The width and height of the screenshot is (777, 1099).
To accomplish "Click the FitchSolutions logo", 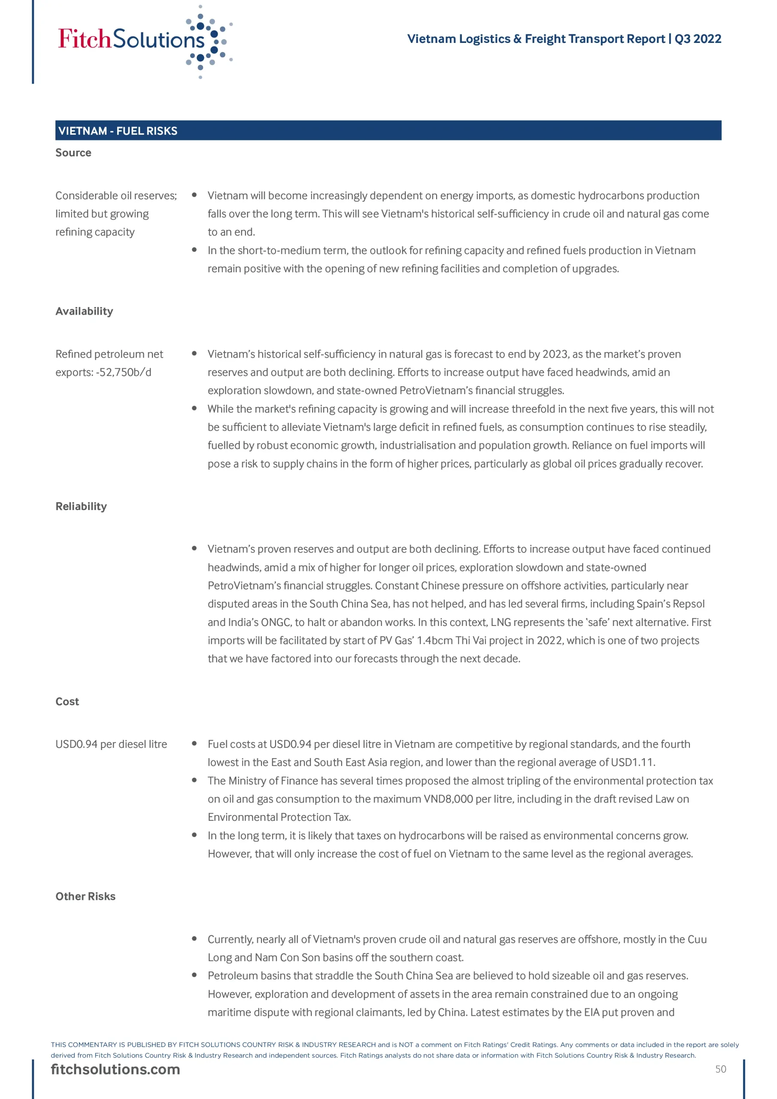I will coord(145,41).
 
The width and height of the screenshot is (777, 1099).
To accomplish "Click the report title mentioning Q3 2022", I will coord(564,39).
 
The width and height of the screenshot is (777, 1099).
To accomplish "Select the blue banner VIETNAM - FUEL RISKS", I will coord(388,131).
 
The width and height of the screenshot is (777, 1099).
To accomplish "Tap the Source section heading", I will coord(73,153).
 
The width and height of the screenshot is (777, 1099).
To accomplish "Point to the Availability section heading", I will coord(84,311).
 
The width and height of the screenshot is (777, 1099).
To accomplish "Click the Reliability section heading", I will coord(81,507).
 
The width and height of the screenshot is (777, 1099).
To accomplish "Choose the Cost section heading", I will coord(67,702).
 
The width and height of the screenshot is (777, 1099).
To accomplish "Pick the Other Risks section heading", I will coord(85,896).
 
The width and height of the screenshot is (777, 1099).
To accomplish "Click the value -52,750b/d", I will coord(124,372).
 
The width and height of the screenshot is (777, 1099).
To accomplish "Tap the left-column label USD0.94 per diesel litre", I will coord(111,744).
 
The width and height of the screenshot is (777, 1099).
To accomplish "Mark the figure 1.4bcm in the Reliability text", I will coord(435,641).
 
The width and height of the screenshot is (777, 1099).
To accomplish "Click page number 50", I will coord(720,1069).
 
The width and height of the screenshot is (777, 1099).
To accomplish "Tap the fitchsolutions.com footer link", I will coord(115,1069).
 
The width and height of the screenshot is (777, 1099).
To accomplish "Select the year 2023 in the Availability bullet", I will coord(555,354).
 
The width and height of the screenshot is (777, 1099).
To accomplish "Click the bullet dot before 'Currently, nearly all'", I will coord(194,938).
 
